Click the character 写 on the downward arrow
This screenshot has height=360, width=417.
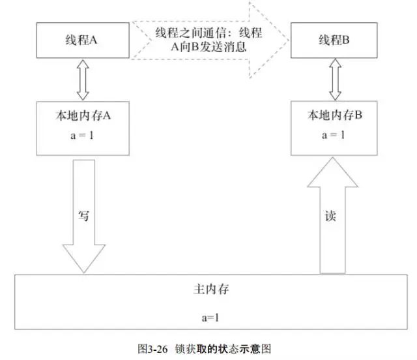(83, 216)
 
